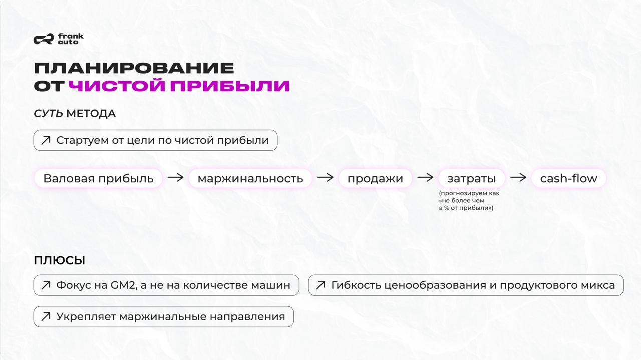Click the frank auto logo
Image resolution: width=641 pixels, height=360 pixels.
pyautogui.click(x=59, y=39)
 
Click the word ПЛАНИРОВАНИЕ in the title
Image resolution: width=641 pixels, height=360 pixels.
pyautogui.click(x=134, y=68)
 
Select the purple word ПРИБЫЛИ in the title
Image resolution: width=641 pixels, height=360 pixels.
pyautogui.click(x=230, y=86)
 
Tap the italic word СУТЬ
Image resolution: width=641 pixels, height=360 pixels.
pyautogui.click(x=48, y=114)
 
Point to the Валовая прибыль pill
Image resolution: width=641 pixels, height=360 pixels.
pyautogui.click(x=98, y=178)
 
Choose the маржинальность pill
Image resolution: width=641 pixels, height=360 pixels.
pyautogui.click(x=250, y=178)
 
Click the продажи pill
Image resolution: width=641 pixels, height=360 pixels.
pyautogui.click(x=375, y=178)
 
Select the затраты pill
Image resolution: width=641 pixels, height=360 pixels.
pyautogui.click(x=471, y=178)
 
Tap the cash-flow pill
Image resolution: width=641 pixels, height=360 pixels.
pyautogui.click(x=568, y=178)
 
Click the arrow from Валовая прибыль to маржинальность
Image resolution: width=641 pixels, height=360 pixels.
pyautogui.click(x=175, y=177)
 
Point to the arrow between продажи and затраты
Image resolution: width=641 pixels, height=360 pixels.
pyautogui.click(x=425, y=177)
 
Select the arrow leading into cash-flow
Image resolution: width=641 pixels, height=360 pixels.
pyautogui.click(x=518, y=177)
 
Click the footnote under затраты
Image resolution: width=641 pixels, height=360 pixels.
pyautogui.click(x=469, y=200)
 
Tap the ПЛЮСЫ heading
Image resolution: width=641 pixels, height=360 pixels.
pyautogui.click(x=59, y=260)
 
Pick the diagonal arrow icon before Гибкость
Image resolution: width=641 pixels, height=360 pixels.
pyautogui.click(x=320, y=285)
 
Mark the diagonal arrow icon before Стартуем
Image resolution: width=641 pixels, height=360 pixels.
pyautogui.click(x=46, y=140)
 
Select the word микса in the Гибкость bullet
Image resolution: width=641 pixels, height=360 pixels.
pyautogui.click(x=600, y=285)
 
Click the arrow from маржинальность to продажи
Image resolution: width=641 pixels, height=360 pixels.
pyautogui.click(x=326, y=177)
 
